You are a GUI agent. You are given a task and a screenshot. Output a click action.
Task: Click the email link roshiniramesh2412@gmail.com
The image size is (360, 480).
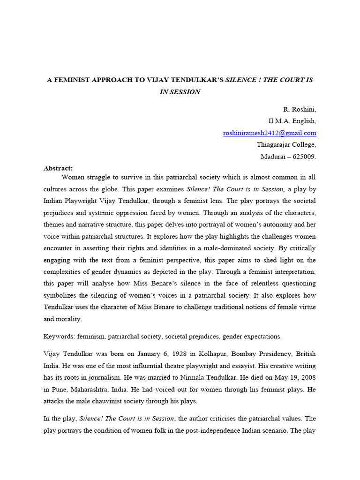click(x=270, y=133)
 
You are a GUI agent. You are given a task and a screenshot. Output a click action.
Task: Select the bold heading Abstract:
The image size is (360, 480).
click(x=59, y=168)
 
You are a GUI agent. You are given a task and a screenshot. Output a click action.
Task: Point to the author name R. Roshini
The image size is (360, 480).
click(x=300, y=110)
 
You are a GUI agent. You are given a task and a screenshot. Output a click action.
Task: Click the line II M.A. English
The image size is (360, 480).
click(x=292, y=121)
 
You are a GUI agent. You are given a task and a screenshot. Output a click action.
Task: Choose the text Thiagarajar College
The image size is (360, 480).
click(x=286, y=145)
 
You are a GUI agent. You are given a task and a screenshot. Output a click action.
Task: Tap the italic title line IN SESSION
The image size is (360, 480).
click(x=180, y=92)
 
